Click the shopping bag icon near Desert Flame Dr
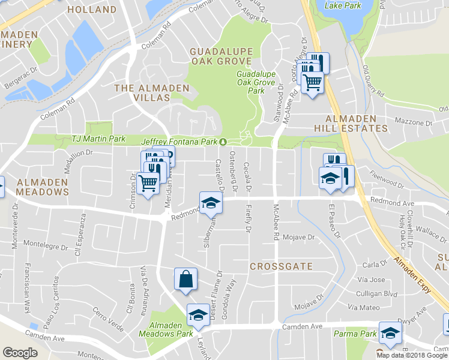tap(185, 279)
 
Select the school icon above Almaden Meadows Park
tap(197, 314)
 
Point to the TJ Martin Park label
tap(98, 139)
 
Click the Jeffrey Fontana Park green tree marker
tap(223, 142)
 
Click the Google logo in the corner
tap(20, 353)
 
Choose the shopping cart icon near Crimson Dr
tap(148, 182)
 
